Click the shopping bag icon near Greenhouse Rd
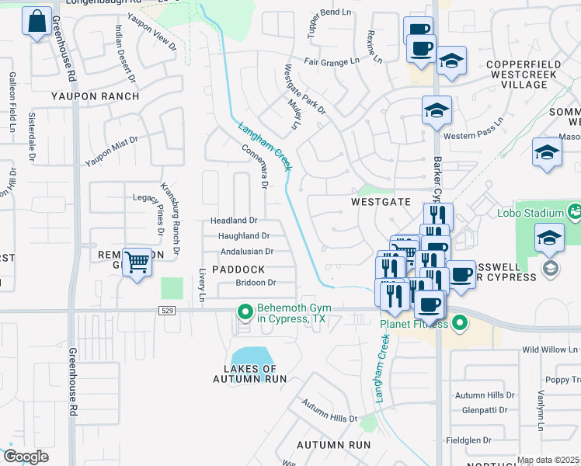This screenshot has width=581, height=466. [37, 23]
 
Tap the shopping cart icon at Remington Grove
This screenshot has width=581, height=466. [137, 263]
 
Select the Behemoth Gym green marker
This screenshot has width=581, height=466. [245, 313]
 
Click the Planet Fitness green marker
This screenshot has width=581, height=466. [459, 321]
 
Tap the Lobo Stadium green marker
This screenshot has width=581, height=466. [574, 211]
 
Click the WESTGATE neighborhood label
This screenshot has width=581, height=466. [381, 201]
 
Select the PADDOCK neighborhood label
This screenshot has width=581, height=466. [238, 270]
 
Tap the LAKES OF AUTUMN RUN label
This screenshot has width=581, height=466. [249, 374]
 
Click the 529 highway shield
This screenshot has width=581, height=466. [169, 311]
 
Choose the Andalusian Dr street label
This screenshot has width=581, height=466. [247, 252]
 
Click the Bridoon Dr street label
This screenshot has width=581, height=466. [256, 283]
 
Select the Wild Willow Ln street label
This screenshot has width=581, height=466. [551, 350]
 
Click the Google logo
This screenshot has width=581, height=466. [26, 457]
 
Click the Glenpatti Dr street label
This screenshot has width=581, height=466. [484, 410]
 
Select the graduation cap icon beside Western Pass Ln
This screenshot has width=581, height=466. [437, 110]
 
